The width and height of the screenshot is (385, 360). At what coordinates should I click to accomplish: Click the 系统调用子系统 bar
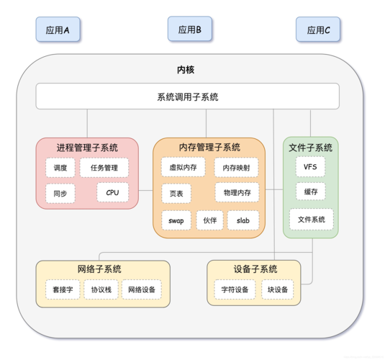tap(188, 96)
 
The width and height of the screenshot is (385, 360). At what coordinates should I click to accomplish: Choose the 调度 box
tap(60, 168)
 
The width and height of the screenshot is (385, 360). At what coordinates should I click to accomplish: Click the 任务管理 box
tap(104, 168)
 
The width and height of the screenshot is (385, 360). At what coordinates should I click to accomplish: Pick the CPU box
tap(112, 193)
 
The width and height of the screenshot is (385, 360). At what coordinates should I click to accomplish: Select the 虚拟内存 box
tap(183, 167)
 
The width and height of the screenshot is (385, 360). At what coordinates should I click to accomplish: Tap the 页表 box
tap(176, 194)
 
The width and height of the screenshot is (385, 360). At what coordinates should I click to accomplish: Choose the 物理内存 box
tap(237, 193)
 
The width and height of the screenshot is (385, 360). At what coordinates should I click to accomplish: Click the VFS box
tap(310, 167)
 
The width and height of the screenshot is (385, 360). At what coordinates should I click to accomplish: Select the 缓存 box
tap(311, 192)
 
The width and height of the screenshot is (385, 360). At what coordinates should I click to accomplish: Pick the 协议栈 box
tap(100, 289)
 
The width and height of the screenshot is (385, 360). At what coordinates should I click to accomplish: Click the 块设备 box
tap(278, 289)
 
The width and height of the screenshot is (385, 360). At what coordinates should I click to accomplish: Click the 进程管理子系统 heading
tap(87, 148)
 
